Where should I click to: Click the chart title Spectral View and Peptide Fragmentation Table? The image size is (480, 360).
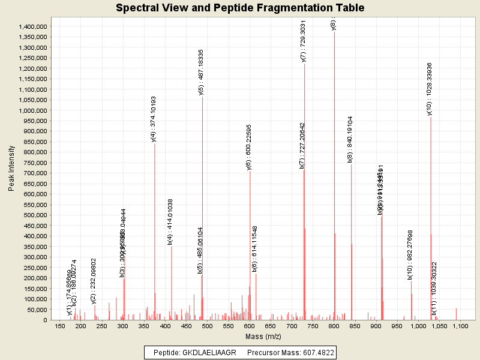coord(240,8)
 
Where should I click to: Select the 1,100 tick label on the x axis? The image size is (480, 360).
coord(460,326)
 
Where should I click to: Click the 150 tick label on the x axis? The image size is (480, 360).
coord(59,326)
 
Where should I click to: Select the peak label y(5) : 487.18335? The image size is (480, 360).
coord(202,72)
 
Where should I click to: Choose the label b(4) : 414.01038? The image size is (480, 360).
coord(170,221)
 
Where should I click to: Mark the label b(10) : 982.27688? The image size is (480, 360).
coord(410,254)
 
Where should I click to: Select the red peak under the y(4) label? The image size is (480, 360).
coord(154,240)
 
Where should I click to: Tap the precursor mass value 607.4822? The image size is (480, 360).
coord(317,352)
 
